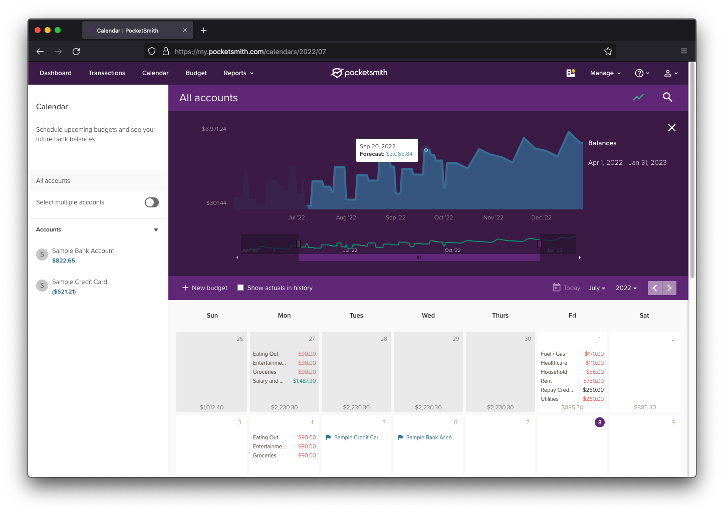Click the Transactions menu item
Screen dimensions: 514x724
click(x=107, y=73)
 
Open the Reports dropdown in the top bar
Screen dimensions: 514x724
click(x=238, y=73)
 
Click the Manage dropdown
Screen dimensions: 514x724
click(x=605, y=73)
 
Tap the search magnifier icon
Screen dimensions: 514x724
click(x=667, y=97)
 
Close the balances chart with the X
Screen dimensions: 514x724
click(x=672, y=128)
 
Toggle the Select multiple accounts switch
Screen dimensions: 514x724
click(x=151, y=202)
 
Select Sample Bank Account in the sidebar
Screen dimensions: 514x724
click(x=83, y=251)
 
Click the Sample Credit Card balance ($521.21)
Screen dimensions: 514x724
click(x=64, y=292)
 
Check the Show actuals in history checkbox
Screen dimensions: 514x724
click(x=240, y=288)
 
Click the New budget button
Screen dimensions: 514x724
click(x=204, y=288)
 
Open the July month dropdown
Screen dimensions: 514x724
click(x=596, y=288)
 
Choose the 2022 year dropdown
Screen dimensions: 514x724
click(x=626, y=288)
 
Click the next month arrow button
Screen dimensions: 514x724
click(x=669, y=288)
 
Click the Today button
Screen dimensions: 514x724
click(x=567, y=288)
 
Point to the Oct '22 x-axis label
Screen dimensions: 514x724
click(x=443, y=217)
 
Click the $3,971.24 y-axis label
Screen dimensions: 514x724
click(x=214, y=129)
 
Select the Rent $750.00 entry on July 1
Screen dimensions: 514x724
click(x=572, y=381)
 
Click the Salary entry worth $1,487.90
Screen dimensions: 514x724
click(x=284, y=381)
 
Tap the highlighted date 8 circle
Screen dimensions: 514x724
click(x=600, y=422)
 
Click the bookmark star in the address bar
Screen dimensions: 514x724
click(x=608, y=51)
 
